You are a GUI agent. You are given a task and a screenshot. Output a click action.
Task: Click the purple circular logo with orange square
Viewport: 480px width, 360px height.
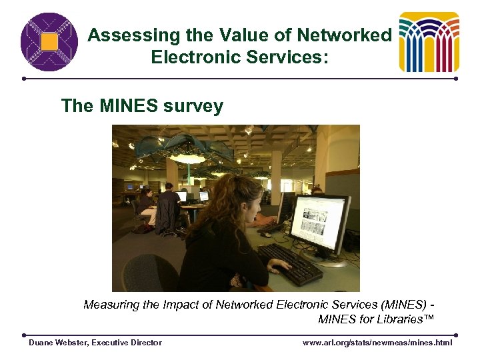click(x=49, y=42)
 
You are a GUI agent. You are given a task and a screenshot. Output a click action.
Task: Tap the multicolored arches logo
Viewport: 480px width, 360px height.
click(x=429, y=42)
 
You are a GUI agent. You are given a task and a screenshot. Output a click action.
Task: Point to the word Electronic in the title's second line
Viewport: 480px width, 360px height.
click(x=193, y=57)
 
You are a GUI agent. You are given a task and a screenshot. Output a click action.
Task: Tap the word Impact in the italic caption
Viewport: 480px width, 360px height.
click(x=176, y=305)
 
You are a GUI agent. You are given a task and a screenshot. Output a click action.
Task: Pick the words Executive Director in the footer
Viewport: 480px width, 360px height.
click(x=127, y=343)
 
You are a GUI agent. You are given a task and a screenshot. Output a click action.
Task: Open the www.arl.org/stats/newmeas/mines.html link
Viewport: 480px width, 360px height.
click(x=377, y=343)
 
